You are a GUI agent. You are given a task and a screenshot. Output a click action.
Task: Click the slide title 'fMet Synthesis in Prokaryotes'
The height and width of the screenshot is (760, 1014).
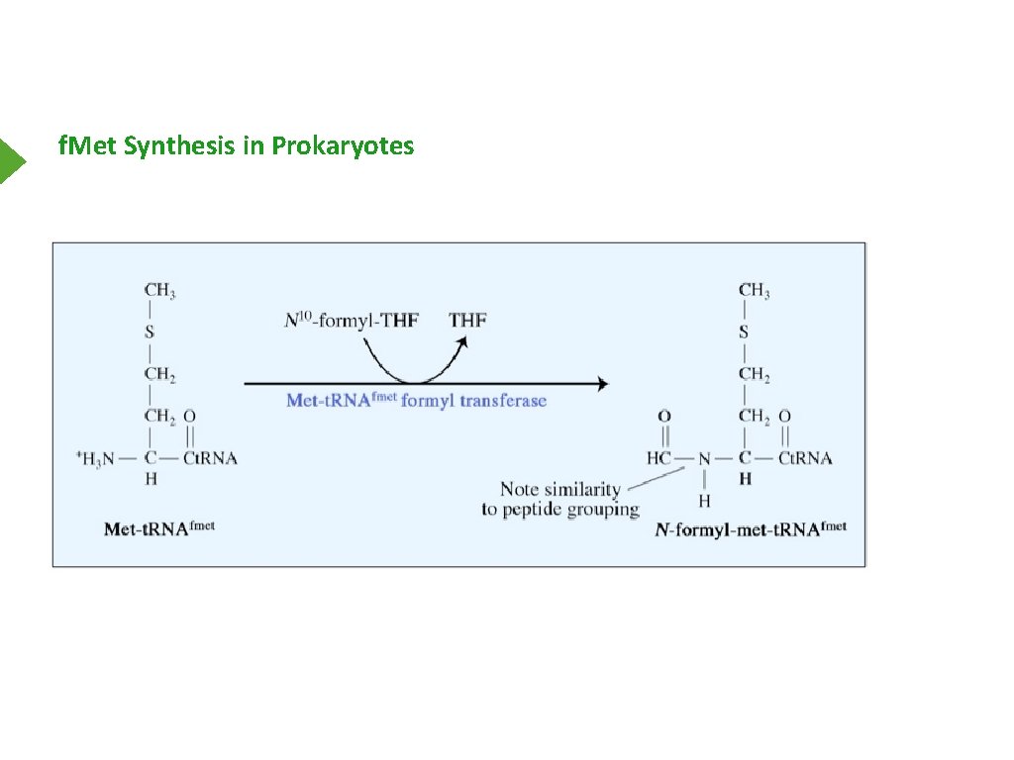(236, 146)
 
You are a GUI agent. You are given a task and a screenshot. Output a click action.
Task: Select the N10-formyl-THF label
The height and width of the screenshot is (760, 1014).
(351, 320)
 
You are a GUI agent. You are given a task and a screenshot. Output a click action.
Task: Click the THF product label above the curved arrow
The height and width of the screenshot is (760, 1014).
(467, 320)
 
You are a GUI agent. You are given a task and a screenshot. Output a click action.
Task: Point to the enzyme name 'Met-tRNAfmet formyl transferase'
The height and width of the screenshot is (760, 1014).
(416, 401)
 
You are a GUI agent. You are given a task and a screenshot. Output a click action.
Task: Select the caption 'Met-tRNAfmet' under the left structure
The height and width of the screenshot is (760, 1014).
(158, 528)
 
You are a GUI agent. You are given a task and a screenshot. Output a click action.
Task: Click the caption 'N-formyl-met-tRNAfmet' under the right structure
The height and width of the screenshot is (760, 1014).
(751, 529)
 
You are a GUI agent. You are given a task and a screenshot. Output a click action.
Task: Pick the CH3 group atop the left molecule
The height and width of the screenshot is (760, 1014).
(159, 291)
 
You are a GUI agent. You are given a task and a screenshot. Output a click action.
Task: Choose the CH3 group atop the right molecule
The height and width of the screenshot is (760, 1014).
(754, 291)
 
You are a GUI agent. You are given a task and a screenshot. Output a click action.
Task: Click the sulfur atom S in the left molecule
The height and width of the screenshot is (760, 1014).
(150, 332)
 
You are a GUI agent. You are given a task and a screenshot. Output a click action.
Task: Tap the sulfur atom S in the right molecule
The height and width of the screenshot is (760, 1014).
(744, 332)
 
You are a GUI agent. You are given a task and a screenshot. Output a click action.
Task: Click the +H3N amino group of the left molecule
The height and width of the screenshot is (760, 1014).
(99, 457)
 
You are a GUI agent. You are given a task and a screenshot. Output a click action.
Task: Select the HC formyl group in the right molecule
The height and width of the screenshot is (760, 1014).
(659, 458)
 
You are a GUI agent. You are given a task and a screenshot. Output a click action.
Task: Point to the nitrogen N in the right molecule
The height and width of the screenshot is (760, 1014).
(704, 458)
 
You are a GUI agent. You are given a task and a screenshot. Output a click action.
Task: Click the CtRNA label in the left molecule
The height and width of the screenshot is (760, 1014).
(210, 457)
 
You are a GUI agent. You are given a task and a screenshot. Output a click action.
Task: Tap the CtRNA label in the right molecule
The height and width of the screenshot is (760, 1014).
(804, 458)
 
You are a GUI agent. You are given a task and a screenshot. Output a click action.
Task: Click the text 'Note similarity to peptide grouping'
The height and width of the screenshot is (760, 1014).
(559, 499)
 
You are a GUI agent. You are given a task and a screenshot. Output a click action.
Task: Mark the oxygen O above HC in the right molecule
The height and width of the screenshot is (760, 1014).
(663, 416)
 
